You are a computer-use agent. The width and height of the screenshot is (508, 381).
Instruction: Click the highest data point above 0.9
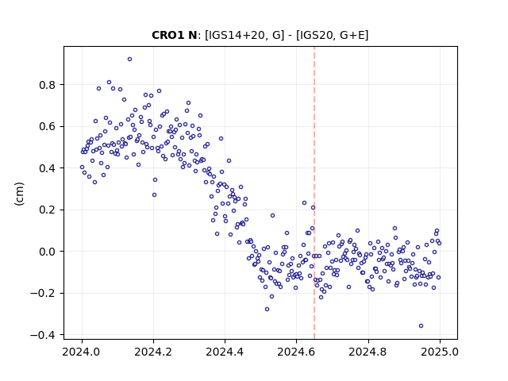pos(129,60)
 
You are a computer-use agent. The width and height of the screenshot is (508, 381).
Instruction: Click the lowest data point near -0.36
pos(421,326)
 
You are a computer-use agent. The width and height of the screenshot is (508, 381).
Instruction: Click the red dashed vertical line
pos(314,193)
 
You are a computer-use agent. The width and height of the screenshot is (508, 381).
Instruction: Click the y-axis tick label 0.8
pos(48,85)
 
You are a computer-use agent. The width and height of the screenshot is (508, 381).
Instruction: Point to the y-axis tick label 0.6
pos(48,126)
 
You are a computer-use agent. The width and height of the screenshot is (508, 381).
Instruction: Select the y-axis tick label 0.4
pos(48,168)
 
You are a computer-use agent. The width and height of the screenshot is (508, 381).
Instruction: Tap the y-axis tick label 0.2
pos(48,210)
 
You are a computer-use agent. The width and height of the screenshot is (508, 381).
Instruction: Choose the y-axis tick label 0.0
pos(48,252)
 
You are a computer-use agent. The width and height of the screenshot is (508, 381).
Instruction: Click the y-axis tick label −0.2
pos(43,293)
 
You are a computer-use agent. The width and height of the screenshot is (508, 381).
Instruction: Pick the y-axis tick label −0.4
pos(43,335)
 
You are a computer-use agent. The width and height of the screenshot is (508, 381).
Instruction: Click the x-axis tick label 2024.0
pos(81,352)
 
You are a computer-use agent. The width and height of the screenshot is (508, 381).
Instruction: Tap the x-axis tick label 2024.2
pos(153,352)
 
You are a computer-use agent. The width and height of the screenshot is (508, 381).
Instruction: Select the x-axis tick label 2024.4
pos(225,352)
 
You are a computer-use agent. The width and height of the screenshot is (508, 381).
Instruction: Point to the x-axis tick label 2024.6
pos(296,352)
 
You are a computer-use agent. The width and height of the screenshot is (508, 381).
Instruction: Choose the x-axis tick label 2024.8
pos(368,352)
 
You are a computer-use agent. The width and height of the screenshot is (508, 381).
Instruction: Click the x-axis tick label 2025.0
pos(440,352)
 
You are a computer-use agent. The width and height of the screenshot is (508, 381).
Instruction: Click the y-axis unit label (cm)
pos(19,194)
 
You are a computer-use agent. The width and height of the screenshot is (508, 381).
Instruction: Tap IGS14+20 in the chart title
pos(237,35)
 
